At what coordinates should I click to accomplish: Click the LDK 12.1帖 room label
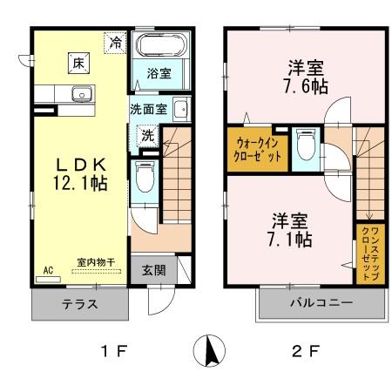[83, 173]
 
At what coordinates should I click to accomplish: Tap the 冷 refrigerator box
[116, 41]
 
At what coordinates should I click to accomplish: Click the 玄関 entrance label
[153, 268]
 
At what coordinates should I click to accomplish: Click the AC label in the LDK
[49, 270]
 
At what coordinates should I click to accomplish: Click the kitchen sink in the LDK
[81, 94]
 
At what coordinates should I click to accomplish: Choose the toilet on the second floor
[305, 143]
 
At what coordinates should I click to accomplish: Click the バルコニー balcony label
[319, 305]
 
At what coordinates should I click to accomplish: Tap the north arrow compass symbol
[209, 352]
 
